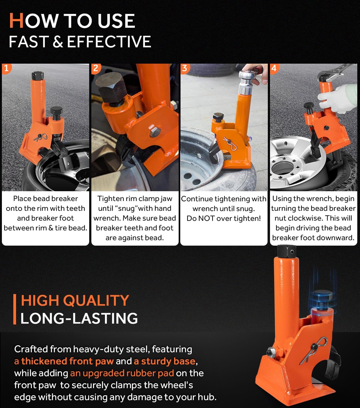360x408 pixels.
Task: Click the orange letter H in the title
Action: (16, 21)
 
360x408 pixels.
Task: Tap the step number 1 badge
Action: (7, 69)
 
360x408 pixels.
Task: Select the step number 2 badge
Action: (96, 69)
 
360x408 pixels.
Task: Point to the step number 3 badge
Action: (185, 69)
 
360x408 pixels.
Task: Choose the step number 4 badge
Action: (274, 69)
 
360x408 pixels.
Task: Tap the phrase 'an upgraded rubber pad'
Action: (122, 373)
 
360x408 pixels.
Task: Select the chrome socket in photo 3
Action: (245, 83)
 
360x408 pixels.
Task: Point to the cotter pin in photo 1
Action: (41, 138)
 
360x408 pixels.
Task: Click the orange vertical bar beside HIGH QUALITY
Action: (14, 309)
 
